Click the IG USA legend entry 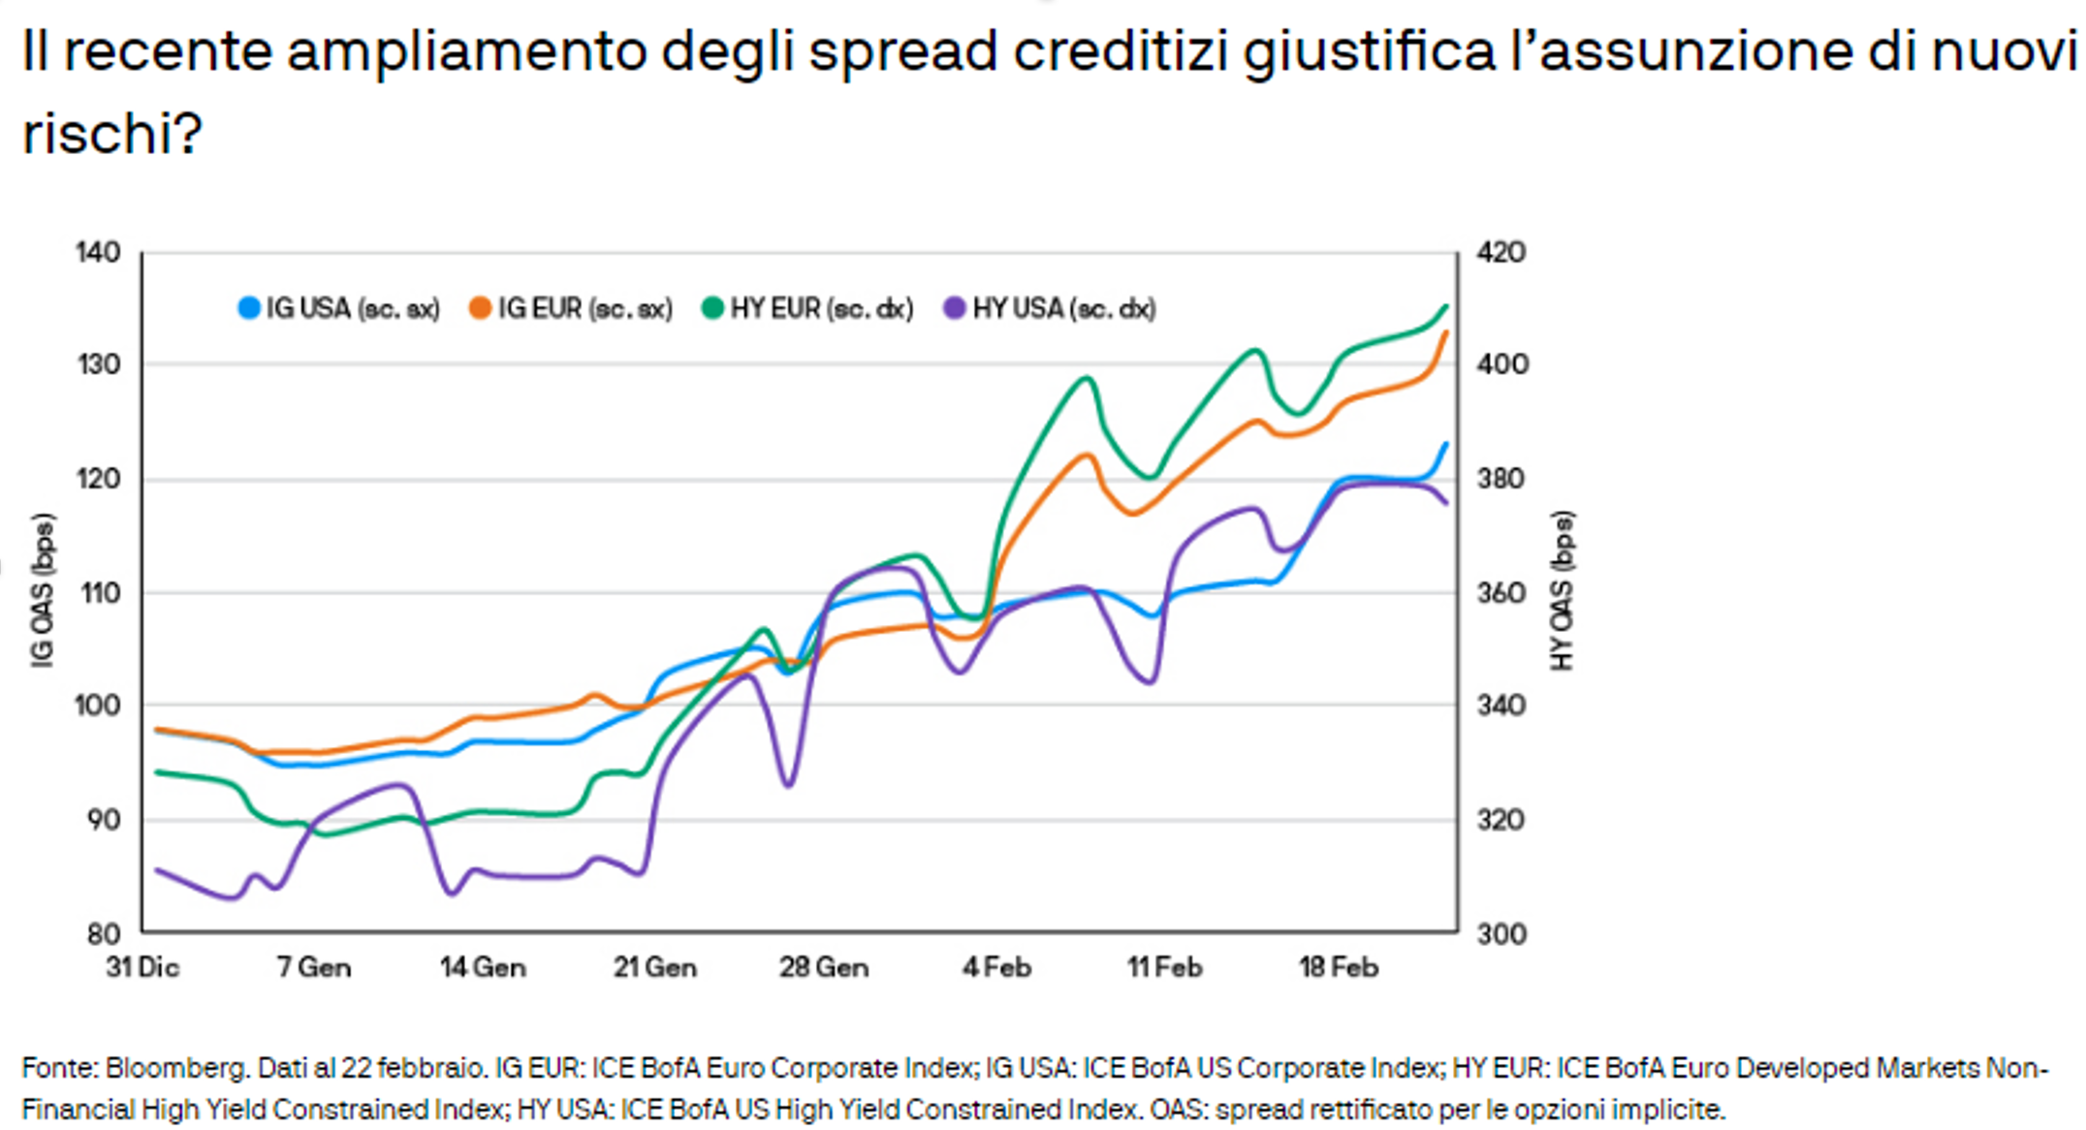coord(339,309)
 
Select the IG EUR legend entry coord(572,309)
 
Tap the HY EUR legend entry coord(808,309)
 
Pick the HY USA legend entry coord(1051,309)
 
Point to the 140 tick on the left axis coord(98,253)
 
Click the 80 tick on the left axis coord(103,934)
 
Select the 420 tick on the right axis coord(1501,253)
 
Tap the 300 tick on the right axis coord(1501,934)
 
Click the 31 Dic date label coord(142,967)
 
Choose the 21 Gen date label coord(654,967)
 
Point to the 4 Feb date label coord(996,967)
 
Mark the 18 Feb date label coord(1338,967)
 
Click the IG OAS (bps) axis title coord(43,590)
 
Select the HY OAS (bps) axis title coord(1562,590)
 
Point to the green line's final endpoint coord(1446,306)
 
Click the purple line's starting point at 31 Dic coord(158,870)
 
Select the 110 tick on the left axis coord(100,593)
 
